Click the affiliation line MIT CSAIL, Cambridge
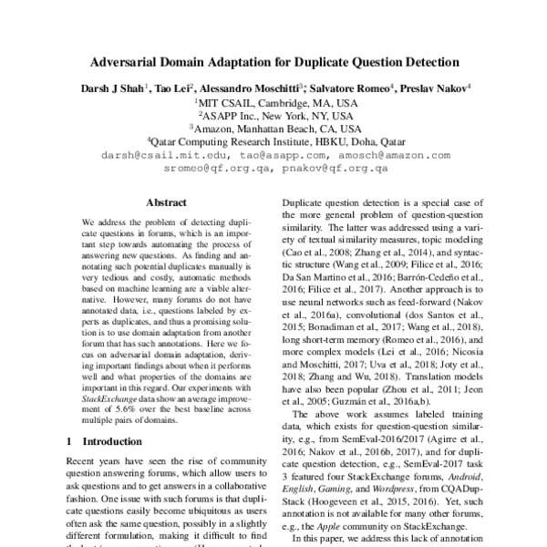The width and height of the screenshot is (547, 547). click(273, 103)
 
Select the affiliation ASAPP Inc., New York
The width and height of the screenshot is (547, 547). click(273, 116)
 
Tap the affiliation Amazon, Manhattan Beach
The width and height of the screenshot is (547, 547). click(273, 129)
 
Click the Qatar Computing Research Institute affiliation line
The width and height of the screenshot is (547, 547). click(273, 142)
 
